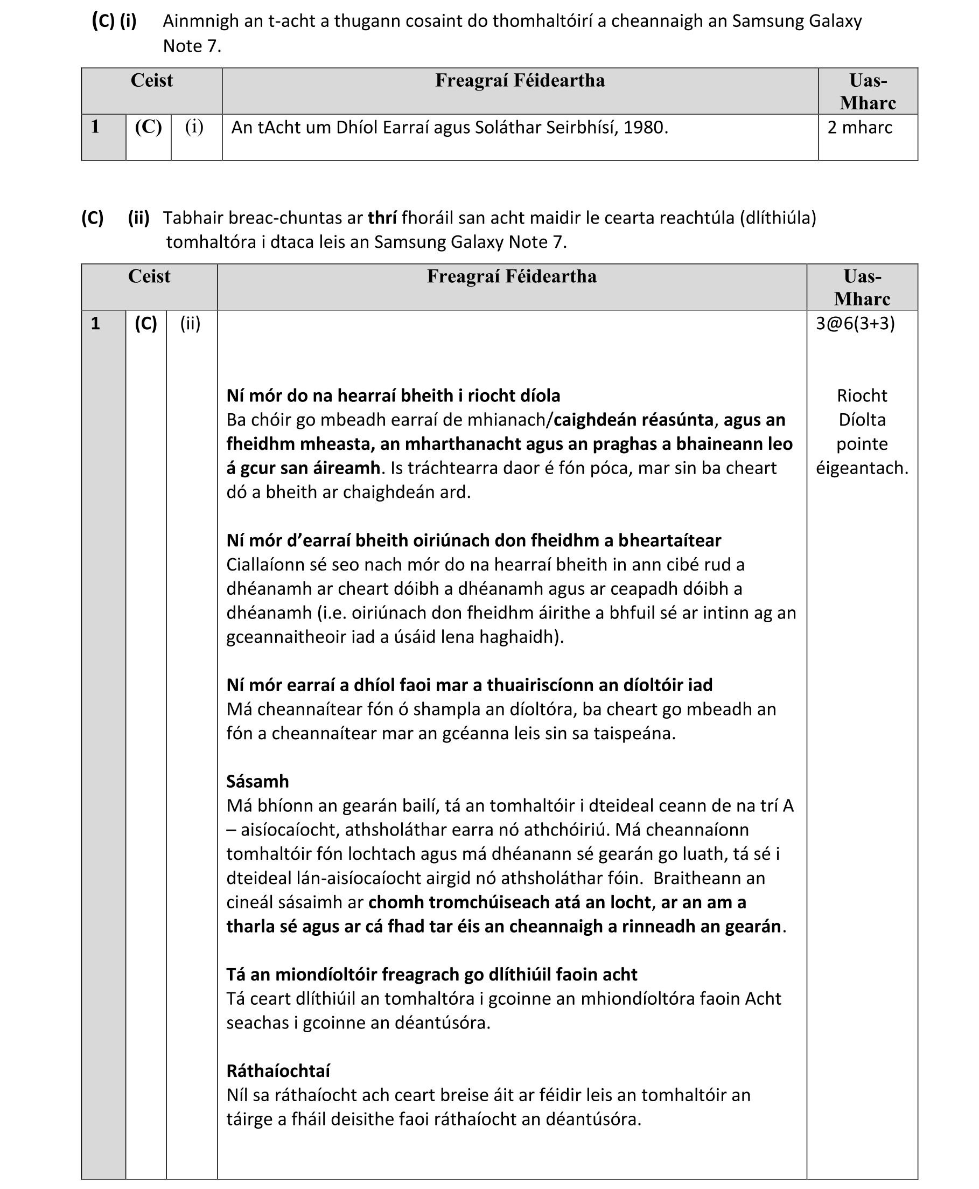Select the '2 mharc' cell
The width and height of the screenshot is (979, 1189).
pyautogui.click(x=859, y=128)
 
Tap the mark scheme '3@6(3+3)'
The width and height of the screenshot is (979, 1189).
pyautogui.click(x=855, y=323)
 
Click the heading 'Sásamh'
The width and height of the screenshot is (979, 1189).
pyautogui.click(x=257, y=781)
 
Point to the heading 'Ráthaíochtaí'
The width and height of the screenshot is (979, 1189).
pyautogui.click(x=278, y=1070)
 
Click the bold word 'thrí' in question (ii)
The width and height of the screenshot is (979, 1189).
pyautogui.click(x=382, y=218)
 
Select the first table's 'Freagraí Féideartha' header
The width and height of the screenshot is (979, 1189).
pyautogui.click(x=520, y=81)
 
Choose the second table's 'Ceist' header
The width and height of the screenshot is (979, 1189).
pyautogui.click(x=149, y=276)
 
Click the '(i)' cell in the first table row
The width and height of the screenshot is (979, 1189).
pyautogui.click(x=194, y=127)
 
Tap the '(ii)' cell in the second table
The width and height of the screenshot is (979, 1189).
pyautogui.click(x=190, y=323)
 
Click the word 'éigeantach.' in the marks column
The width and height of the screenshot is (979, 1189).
pyautogui.click(x=862, y=468)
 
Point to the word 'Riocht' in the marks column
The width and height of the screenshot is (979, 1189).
pyautogui.click(x=862, y=395)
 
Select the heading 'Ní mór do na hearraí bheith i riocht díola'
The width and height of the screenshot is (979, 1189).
pyautogui.click(x=393, y=395)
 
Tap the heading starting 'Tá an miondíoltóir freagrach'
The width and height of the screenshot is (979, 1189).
pyautogui.click(x=431, y=974)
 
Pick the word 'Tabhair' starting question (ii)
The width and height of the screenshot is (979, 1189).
pyautogui.click(x=190, y=218)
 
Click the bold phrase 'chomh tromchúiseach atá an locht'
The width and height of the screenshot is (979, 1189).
pyautogui.click(x=509, y=902)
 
